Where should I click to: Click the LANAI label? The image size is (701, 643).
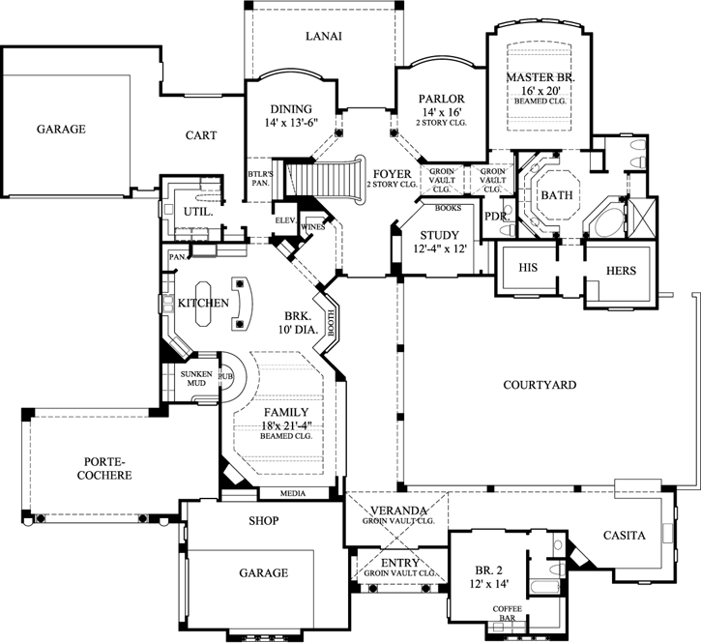(324, 36)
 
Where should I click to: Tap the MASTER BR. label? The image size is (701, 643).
(540, 77)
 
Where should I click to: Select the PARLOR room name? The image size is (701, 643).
(441, 99)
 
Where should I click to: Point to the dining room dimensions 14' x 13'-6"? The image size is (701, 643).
(291, 123)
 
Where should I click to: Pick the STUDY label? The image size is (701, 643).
(440, 235)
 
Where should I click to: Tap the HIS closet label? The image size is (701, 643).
(528, 268)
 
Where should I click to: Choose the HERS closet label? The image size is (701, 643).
(621, 271)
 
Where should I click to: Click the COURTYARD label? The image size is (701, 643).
(540, 385)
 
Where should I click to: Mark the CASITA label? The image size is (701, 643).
(624, 535)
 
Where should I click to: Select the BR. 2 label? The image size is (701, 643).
(488, 570)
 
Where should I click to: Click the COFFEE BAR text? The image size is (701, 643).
(508, 613)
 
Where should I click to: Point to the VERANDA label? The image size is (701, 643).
(398, 511)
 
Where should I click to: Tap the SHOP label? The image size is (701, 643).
(264, 520)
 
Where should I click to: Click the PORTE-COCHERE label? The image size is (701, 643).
(104, 468)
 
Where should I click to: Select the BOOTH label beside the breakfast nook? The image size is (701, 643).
(332, 323)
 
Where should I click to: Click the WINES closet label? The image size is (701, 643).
(313, 227)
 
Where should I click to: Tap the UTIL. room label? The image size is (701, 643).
(198, 212)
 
